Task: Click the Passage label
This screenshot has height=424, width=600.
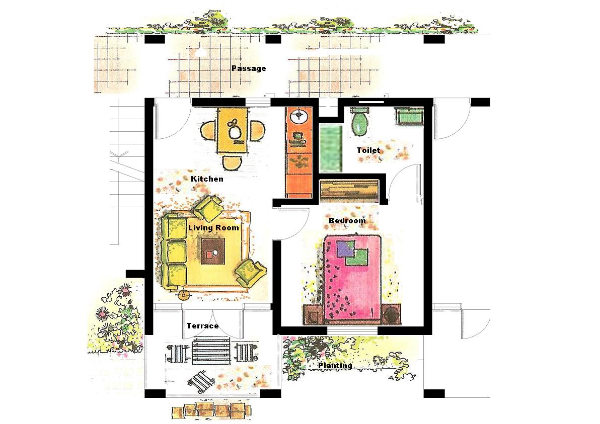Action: pos(249,68)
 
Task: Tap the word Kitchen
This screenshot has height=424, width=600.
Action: pos(207,179)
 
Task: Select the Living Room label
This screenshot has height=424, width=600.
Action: pos(213,227)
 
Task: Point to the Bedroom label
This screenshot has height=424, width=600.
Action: pos(347,221)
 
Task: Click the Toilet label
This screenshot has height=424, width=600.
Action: pos(368,150)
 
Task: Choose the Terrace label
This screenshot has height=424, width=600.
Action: pos(203,326)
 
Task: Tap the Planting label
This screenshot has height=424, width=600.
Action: pos(335,366)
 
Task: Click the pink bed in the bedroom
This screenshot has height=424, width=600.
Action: pos(353,278)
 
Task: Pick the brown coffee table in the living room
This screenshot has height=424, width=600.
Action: pos(213,251)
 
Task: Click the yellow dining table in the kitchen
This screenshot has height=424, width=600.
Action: pos(232,131)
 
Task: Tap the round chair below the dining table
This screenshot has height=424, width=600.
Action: pos(232,163)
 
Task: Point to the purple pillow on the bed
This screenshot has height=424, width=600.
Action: pos(345,248)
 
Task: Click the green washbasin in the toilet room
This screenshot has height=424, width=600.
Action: pos(410,116)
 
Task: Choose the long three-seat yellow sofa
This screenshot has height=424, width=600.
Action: pos(174,251)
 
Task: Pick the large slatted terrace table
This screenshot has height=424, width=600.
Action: pos(210,351)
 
